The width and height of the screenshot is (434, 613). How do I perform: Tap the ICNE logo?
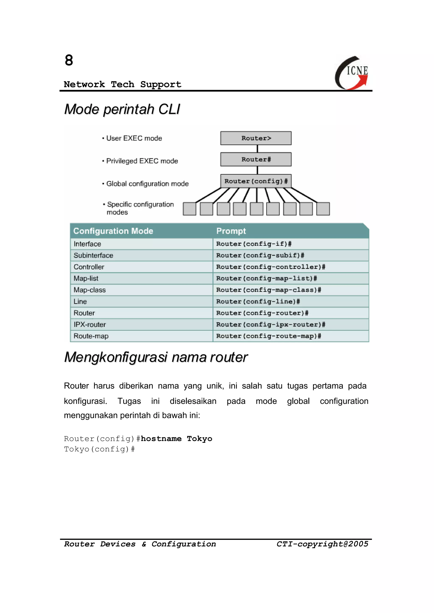352,73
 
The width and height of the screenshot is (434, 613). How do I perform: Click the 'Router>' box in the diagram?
256,138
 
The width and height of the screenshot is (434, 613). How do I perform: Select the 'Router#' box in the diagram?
256,160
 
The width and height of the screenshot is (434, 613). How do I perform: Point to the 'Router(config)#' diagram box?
256,181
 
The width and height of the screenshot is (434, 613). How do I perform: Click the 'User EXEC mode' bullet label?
134,138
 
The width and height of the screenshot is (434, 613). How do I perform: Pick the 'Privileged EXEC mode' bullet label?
142,161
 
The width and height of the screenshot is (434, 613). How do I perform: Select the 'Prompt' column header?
231,231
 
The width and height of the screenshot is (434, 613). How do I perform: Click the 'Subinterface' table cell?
93,256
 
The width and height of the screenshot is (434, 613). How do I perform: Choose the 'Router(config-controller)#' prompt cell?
270,267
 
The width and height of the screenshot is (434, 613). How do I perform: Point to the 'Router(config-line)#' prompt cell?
258,302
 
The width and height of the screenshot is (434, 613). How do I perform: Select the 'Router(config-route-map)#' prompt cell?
268,336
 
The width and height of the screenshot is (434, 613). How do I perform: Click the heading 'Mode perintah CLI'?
122,109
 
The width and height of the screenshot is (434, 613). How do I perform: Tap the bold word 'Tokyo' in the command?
199,439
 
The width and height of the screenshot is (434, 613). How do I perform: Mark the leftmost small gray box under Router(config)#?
189,209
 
